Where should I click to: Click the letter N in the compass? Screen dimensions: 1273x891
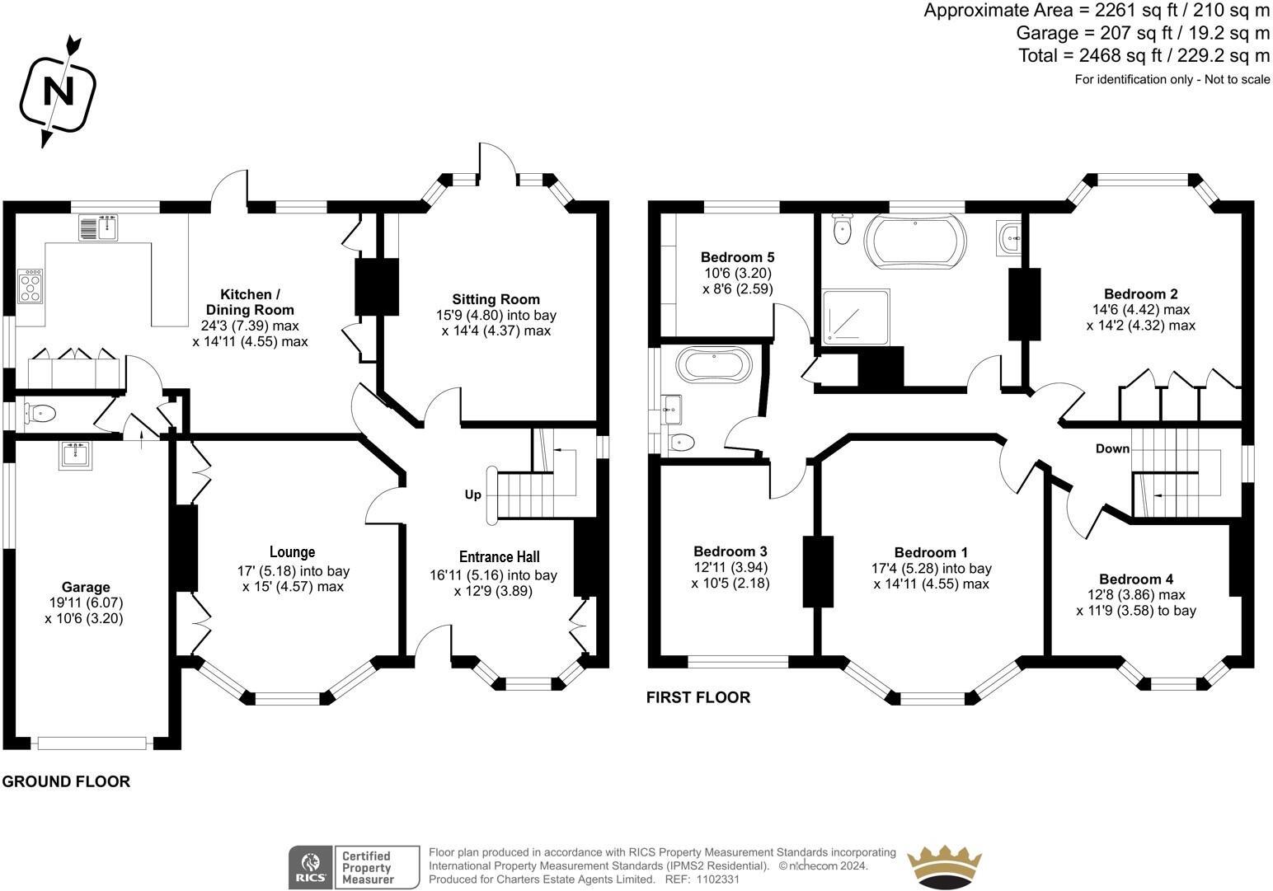(x=59, y=91)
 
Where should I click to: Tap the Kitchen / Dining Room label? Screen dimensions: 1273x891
(x=250, y=302)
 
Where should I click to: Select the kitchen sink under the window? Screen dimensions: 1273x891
(x=98, y=227)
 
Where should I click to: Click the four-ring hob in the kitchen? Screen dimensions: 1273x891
(x=31, y=286)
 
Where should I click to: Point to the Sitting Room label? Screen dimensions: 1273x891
(x=496, y=299)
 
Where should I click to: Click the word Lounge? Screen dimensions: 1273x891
(x=292, y=551)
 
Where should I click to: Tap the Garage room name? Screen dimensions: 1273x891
(x=86, y=587)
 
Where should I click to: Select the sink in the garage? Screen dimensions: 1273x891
(x=75, y=455)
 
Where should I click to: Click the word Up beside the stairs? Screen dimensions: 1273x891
(x=472, y=495)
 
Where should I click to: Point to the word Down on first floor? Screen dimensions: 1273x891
(x=1112, y=448)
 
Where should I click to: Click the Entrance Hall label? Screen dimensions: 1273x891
(x=499, y=557)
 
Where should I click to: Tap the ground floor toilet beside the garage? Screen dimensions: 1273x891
(x=40, y=413)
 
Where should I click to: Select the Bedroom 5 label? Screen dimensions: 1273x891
(x=737, y=257)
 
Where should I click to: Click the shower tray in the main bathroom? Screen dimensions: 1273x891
(x=855, y=317)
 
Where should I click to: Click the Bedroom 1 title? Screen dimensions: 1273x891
(x=931, y=552)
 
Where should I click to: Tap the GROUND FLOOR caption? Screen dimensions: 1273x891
(x=66, y=781)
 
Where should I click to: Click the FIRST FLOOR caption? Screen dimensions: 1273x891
(x=698, y=697)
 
